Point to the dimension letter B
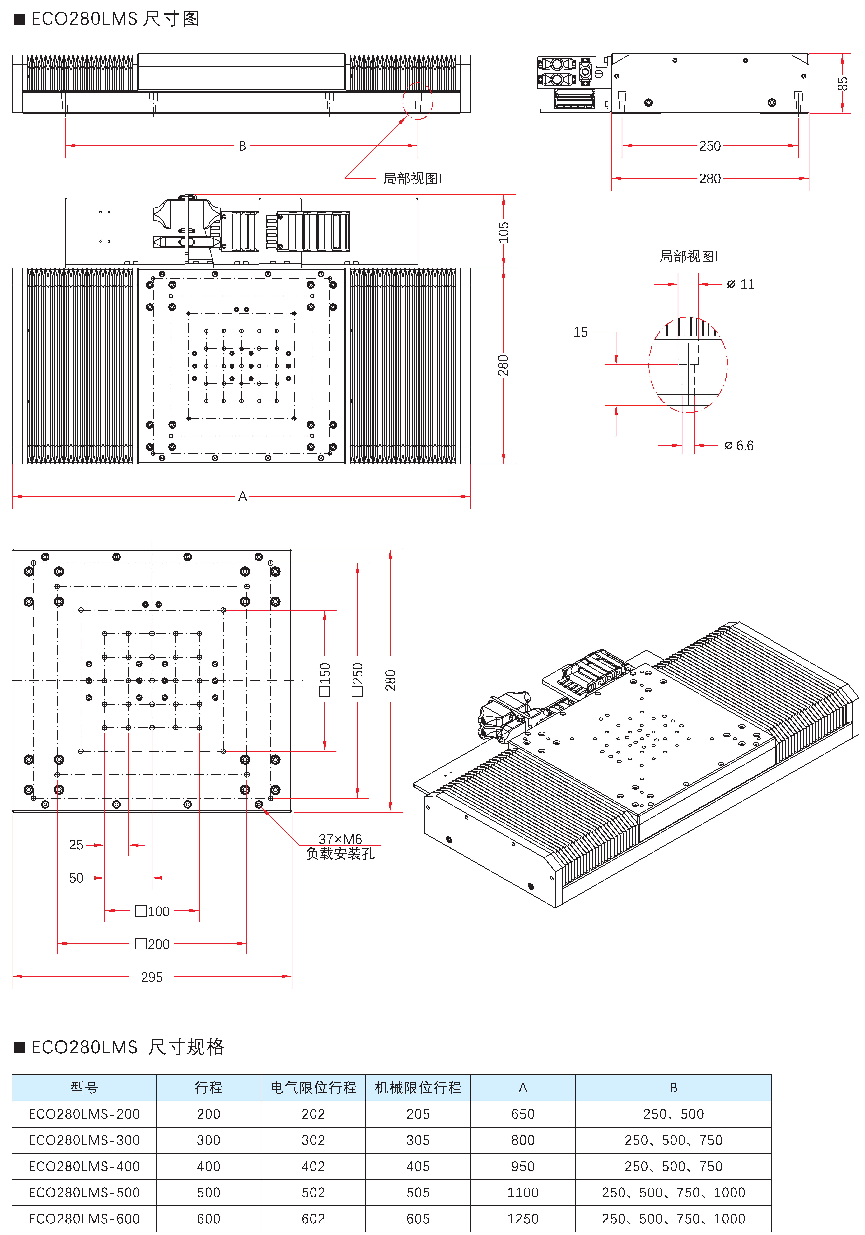(x=242, y=146)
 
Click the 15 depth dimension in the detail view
(x=580, y=332)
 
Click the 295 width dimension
(x=152, y=977)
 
